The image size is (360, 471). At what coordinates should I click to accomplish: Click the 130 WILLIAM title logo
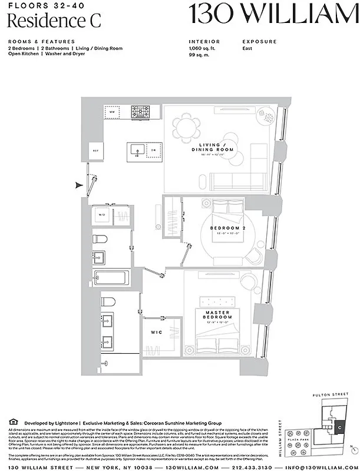[273, 14]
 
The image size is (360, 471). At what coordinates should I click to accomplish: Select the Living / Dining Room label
[216, 147]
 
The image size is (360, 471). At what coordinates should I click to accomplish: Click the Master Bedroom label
[217, 315]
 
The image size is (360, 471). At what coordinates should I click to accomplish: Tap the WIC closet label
[156, 332]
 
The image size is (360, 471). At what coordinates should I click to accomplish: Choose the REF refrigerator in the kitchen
[95, 151]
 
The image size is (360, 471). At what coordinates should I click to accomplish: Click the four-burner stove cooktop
[140, 111]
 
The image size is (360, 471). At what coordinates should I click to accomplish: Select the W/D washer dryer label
[101, 215]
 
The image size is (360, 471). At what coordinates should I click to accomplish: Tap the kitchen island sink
[137, 151]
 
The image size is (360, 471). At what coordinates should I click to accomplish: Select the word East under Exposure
[248, 48]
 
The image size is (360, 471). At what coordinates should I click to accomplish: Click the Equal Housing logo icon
[13, 422]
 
